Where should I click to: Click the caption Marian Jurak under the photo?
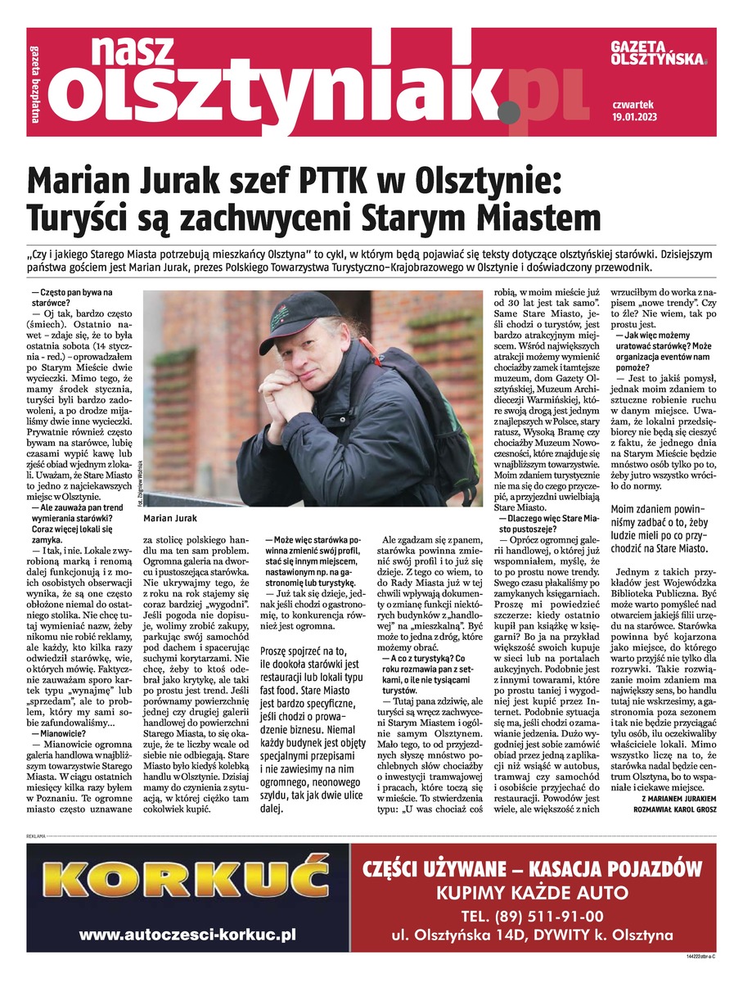tap(169, 519)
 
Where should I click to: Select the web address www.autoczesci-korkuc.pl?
tap(187, 934)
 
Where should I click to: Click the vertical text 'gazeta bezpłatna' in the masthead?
tap(35, 82)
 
